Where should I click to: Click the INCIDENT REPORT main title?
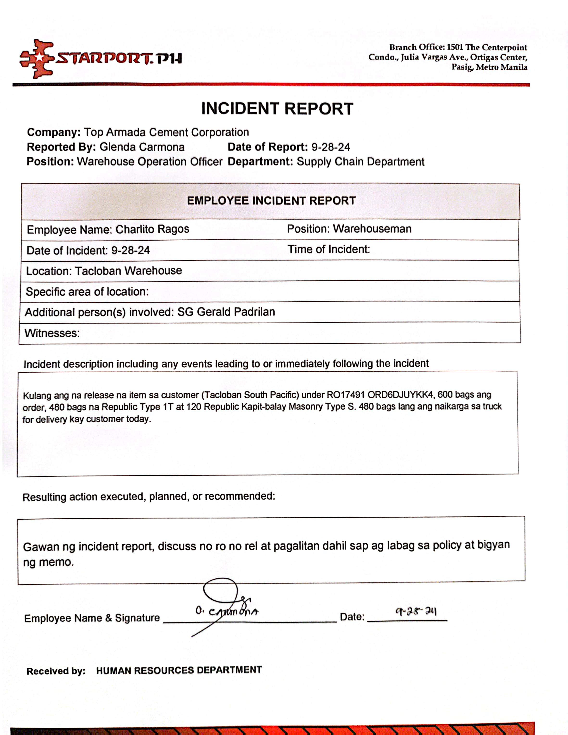(x=277, y=109)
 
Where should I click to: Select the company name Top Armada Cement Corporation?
(x=166, y=132)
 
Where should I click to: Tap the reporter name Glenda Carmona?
(x=142, y=147)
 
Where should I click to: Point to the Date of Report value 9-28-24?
(x=330, y=147)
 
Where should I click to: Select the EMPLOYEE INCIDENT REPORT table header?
(x=271, y=201)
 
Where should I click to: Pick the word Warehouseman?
(x=372, y=229)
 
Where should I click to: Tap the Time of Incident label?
(x=328, y=249)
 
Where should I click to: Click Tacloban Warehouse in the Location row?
(x=128, y=271)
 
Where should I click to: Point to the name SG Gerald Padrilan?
(x=226, y=312)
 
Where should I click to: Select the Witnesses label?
(x=52, y=333)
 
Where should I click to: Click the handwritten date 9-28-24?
(x=416, y=611)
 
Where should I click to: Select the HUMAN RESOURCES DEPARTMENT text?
(x=179, y=670)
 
